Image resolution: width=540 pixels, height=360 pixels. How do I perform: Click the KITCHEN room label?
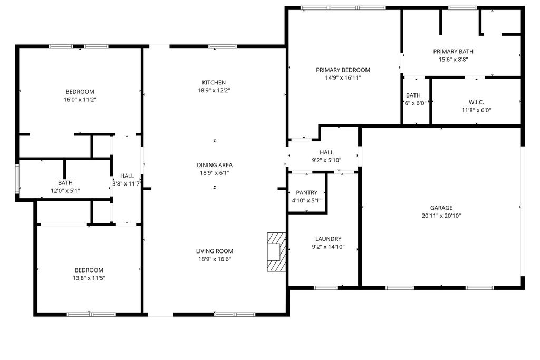coord(214,83)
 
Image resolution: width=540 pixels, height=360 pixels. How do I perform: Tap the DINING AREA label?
coord(215,165)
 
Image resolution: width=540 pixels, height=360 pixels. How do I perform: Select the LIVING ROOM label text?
coord(215,251)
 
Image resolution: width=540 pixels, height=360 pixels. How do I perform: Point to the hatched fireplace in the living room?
coord(276,252)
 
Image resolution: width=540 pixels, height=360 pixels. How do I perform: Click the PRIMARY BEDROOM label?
coord(343,70)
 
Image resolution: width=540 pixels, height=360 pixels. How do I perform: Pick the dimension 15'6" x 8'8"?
coord(453,59)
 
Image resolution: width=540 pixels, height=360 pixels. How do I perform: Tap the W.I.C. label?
coord(476,102)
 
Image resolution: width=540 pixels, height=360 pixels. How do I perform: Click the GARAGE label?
coord(441,208)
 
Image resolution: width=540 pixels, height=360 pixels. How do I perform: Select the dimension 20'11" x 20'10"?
coord(441,216)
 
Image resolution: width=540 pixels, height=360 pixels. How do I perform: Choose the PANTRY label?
coord(306,193)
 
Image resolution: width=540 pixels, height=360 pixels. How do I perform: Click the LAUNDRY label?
coord(328,239)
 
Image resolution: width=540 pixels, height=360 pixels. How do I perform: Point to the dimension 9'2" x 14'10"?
coord(328,247)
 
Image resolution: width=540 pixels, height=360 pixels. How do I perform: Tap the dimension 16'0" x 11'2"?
coord(80,100)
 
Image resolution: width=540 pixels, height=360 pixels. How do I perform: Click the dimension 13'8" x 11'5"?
coord(89,278)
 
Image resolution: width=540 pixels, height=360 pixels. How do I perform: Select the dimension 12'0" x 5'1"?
coord(65,191)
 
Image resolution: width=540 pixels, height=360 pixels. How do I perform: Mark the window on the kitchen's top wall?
coord(223,46)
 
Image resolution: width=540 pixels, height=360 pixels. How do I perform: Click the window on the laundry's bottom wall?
coord(326,288)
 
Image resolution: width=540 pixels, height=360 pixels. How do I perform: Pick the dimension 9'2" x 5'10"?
coord(326,160)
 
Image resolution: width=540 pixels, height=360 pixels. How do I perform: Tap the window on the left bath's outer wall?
coord(17,179)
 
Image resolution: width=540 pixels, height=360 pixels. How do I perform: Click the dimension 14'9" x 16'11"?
coord(343,78)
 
